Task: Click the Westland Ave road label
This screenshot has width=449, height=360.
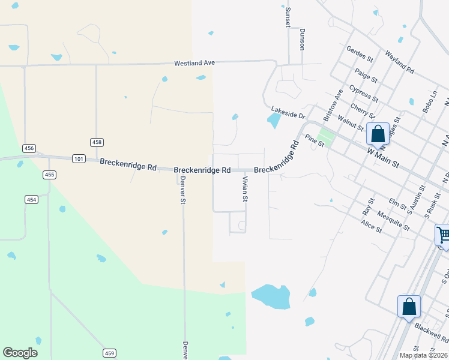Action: tap(194, 63)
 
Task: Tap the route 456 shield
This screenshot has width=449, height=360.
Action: tap(29, 148)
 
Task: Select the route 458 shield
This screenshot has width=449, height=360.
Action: tap(97, 142)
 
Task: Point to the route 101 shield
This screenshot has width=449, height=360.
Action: tap(77, 159)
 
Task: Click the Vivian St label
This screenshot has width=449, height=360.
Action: tap(245, 189)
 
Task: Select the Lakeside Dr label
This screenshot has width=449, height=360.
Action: tap(288, 112)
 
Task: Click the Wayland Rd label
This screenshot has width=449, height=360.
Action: tap(400, 62)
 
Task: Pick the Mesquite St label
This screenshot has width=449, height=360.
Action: tap(394, 221)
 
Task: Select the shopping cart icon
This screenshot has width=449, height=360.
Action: tap(443, 235)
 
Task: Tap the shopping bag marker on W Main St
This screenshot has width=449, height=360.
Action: tap(378, 133)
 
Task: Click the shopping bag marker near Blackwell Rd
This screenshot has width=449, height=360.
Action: tap(409, 306)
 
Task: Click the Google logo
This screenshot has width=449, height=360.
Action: tap(20, 353)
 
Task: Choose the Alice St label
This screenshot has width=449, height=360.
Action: tap(371, 226)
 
